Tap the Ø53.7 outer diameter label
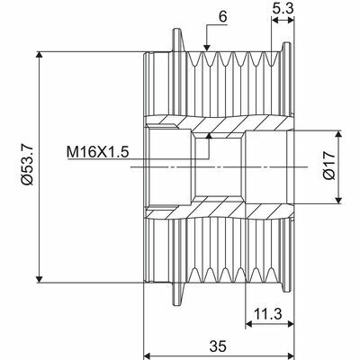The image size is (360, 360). pos(28,166)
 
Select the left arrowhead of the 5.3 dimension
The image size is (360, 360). pos(271,22)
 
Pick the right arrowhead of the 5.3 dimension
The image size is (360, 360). pos(287,22)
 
